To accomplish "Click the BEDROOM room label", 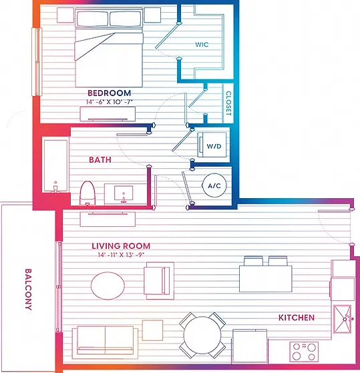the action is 110,93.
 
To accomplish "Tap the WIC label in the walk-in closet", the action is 202,45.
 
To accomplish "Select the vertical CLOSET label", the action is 228,103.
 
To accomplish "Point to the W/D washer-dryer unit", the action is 212,145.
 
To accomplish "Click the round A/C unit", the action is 214,185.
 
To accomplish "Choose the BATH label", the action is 100,159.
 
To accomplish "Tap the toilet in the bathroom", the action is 87,193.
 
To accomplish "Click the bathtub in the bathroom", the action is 55,165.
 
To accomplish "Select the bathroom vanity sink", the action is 124,193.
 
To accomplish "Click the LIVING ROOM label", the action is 121,246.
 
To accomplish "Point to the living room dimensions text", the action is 121,255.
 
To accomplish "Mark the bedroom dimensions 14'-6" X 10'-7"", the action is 110,102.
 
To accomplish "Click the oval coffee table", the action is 108,286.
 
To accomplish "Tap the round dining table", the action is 202,335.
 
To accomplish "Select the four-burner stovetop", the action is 304,352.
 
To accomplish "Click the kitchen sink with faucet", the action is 342,319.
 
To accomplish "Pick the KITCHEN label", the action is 297,318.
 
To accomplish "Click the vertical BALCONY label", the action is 28,290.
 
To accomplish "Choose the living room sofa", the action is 105,342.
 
